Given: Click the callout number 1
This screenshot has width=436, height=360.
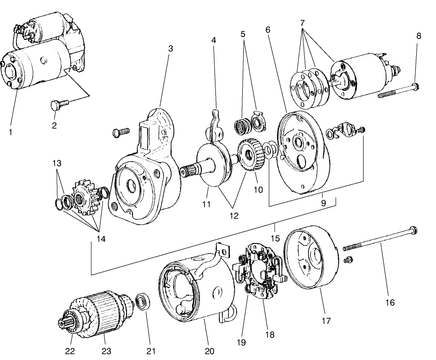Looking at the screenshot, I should [x=10, y=132].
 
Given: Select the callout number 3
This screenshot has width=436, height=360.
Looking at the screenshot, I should [x=171, y=48].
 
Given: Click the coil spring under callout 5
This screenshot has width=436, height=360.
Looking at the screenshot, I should [x=242, y=126].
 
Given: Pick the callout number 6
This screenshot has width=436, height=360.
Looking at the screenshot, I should [x=268, y=29].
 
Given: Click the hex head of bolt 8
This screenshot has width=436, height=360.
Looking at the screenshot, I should [x=415, y=87].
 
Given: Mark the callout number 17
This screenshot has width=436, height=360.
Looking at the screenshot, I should [x=326, y=321].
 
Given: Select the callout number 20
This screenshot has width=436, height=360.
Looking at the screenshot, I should [x=209, y=351].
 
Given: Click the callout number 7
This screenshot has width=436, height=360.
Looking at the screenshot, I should [x=302, y=22].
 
